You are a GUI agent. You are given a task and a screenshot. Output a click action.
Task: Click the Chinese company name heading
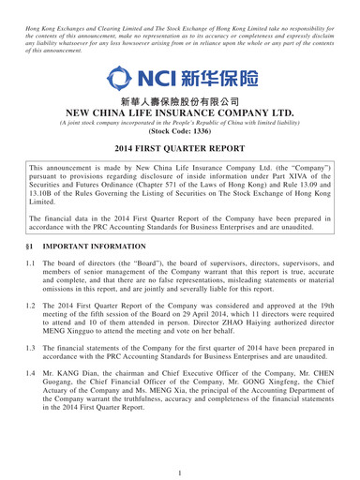[179, 104]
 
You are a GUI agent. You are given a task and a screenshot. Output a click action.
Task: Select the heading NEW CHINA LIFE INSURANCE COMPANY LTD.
[179, 122]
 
